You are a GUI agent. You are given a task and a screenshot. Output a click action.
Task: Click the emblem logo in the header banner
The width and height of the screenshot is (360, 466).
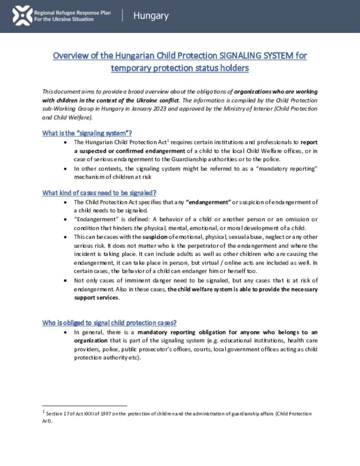[22, 15]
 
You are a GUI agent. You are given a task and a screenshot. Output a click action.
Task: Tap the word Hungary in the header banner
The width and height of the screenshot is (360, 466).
[151, 16]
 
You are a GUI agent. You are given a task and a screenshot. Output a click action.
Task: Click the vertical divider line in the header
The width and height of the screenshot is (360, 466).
[122, 15]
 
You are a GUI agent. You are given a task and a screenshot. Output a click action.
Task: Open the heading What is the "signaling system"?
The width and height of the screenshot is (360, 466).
[87, 133]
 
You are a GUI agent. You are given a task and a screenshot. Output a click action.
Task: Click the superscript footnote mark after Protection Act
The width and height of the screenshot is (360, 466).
[168, 141]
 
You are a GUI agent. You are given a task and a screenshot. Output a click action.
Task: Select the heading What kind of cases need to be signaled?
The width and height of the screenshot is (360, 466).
[99, 193]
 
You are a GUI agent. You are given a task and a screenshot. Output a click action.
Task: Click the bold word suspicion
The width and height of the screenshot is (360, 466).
[155, 237]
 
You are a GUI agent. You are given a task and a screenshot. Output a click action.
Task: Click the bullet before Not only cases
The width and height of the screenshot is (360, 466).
[65, 281]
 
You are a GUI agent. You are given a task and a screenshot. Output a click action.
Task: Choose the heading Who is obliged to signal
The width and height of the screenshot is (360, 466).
[109, 323]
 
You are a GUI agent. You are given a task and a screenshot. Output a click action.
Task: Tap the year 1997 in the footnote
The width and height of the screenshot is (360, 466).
[105, 414]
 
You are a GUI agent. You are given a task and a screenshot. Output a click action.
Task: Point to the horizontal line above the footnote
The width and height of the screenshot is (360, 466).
[84, 406]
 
